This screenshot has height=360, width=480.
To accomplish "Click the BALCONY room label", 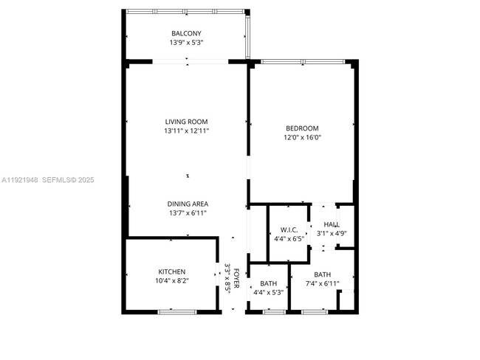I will [x=186, y=34].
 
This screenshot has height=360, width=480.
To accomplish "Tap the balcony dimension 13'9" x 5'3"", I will [x=186, y=43].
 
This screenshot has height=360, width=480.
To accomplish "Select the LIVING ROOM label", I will [x=186, y=122].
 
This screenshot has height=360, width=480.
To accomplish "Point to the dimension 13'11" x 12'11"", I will [x=186, y=131].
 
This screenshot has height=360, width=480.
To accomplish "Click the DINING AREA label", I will [x=186, y=204].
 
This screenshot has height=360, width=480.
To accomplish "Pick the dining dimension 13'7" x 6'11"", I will [x=186, y=212].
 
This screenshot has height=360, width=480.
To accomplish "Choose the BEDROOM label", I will [x=302, y=128].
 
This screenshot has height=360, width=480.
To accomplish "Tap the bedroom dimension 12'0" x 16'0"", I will [x=302, y=136].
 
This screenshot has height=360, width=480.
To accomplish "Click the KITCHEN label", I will [x=172, y=271].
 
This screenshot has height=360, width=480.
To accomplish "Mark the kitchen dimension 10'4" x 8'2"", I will [x=172, y=280].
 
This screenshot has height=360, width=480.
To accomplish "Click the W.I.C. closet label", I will [x=289, y=229].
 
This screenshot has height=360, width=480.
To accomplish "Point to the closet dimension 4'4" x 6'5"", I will [x=289, y=238].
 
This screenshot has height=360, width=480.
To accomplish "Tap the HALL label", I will [x=332, y=224].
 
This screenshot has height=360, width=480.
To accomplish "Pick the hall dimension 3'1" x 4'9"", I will [x=332, y=233].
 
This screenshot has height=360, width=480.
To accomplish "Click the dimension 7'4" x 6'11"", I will [x=322, y=283].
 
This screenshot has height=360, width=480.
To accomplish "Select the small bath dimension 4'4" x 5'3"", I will [x=268, y=292].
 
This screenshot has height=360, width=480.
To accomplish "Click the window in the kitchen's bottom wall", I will [x=177, y=312].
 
